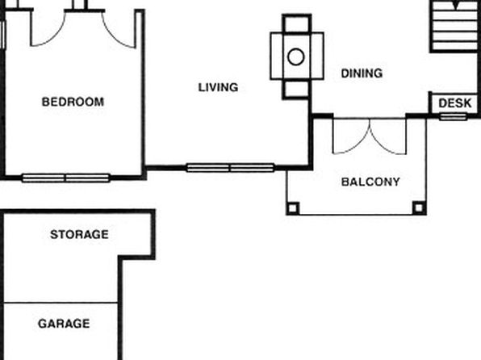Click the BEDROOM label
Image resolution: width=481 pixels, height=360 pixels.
pos(73,102)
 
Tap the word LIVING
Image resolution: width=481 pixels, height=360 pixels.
pos(218,87)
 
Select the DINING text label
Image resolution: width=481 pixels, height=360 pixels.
pos(362,73)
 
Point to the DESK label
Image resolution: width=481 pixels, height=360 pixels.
pos(455,103)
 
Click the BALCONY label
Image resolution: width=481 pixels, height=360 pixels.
pos(370,182)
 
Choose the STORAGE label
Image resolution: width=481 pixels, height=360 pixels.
pos(79,234)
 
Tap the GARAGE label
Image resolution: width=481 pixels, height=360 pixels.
pos(64,324)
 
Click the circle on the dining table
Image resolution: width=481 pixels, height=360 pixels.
pos(296,57)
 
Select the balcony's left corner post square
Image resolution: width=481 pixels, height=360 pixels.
pos(293,208)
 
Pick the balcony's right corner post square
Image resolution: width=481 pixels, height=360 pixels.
pos(419,208)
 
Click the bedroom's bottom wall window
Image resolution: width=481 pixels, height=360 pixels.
pos(66,178)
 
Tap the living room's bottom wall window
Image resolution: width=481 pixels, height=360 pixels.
pos(230,168)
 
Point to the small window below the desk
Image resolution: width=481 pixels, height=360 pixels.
pos(454,116)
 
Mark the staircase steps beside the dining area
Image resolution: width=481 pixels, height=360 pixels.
pos(454,26)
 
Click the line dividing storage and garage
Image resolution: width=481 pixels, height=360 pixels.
pos(61,303)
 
